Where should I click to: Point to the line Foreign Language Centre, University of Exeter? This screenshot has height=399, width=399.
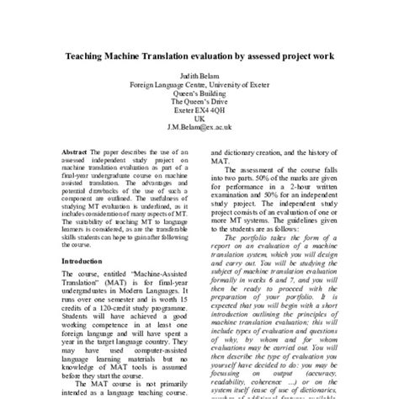point(199,85)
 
